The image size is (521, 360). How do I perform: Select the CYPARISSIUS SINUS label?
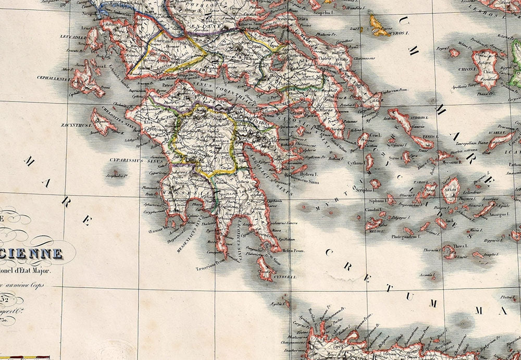[x=128, y=154]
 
